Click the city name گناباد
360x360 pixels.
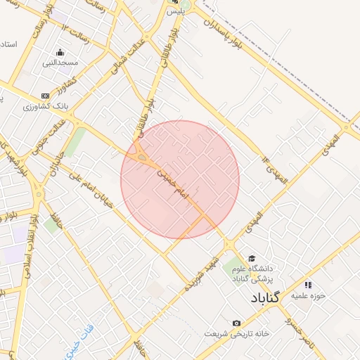264,297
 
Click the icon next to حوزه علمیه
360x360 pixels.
307,285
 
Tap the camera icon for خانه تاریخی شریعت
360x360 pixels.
236,323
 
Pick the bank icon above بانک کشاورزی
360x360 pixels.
46,96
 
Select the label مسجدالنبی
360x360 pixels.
60,63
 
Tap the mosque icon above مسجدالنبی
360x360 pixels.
60,52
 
